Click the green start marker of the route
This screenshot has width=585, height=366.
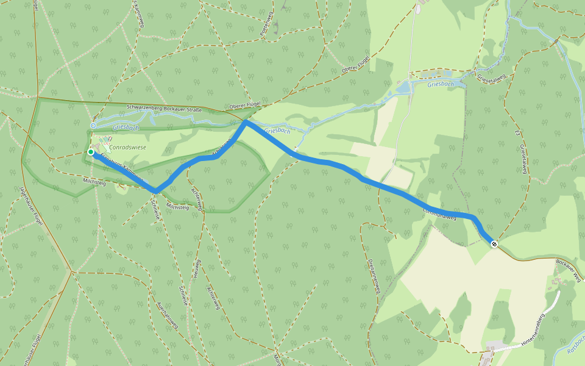(x=90, y=152)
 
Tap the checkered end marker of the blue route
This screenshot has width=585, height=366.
(x=494, y=245)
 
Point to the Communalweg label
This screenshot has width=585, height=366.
(x=439, y=214)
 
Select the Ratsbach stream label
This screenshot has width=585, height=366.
(x=575, y=345)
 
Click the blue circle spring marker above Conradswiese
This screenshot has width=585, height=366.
(x=93, y=125)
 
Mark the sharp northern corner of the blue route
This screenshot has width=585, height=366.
(x=245, y=123)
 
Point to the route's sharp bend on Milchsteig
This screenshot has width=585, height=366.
(x=157, y=191)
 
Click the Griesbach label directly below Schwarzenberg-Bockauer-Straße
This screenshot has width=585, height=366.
(x=126, y=127)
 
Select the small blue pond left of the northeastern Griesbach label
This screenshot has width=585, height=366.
(x=403, y=88)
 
